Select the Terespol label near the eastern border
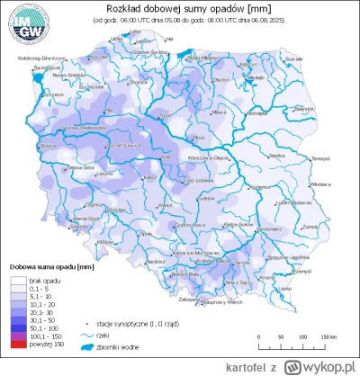click(x=322, y=158)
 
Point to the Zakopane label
click(x=213, y=298)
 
